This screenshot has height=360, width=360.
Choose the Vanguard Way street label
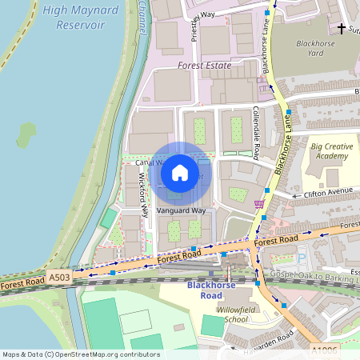tap(181, 210)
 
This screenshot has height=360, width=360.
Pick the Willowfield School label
tap(225, 313)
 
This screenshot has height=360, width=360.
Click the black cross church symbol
tap(342, 30)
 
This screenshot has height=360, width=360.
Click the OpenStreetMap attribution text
tap(80, 354)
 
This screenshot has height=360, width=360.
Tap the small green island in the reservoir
tap(26, 134)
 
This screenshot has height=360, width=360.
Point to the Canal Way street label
tap(149, 162)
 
